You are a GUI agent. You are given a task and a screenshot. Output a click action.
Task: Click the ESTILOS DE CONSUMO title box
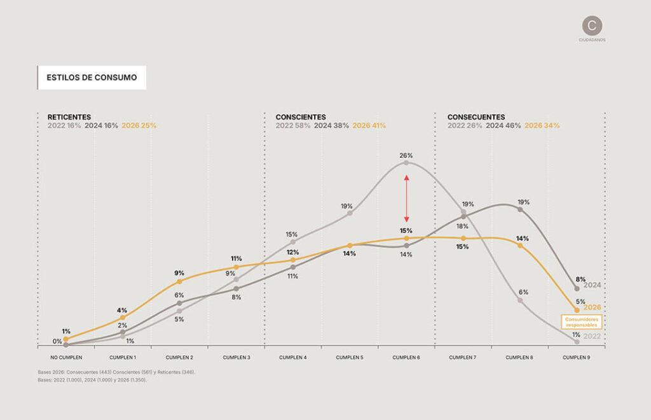[x=92, y=78]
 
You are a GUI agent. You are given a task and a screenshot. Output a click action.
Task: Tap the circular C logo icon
[x=592, y=25]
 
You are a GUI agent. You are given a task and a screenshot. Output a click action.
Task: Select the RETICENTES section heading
[x=69, y=117]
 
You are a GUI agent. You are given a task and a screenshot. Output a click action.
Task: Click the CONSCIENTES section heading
[x=301, y=117]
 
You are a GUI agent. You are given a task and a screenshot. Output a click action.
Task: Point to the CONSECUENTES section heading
[x=476, y=117]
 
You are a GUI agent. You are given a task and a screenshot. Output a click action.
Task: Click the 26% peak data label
[x=406, y=155]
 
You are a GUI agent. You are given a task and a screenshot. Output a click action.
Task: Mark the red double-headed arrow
[x=407, y=198]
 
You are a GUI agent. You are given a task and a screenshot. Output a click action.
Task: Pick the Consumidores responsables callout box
[x=581, y=321]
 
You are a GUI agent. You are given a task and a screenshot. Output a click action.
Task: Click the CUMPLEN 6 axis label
[x=406, y=358]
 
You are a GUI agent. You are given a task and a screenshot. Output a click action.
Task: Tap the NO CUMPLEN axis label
[x=66, y=358]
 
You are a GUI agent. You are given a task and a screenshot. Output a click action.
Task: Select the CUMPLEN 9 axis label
[x=577, y=358]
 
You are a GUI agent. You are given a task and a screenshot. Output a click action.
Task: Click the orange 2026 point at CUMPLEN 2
[x=179, y=281]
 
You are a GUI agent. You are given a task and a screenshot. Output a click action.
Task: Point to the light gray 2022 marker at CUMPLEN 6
[x=407, y=163]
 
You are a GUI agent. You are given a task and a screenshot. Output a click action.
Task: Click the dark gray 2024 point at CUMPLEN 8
[x=520, y=209]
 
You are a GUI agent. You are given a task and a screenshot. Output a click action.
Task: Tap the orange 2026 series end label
[x=592, y=307]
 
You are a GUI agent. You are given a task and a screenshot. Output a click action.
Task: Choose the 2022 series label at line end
[x=592, y=336]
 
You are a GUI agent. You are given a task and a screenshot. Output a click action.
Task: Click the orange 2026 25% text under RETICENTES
[x=139, y=126]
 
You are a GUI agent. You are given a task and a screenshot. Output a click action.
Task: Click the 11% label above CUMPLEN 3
[x=236, y=259]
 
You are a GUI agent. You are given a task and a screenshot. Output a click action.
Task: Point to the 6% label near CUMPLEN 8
[x=523, y=292]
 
